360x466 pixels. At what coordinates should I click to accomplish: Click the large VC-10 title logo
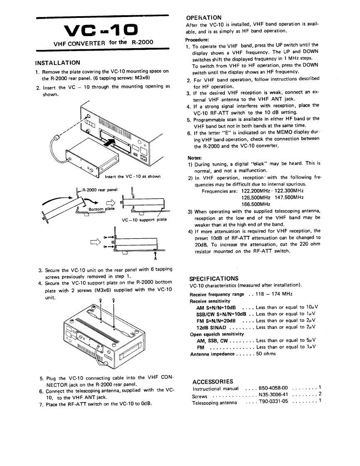102,31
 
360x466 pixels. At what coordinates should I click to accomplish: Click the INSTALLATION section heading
58,63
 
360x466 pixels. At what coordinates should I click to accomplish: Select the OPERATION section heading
203,17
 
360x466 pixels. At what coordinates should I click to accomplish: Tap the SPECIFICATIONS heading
214,278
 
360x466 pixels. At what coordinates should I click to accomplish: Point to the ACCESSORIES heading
213,381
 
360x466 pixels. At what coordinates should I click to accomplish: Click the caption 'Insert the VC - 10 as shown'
133,176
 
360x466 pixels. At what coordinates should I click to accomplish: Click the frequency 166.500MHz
256,204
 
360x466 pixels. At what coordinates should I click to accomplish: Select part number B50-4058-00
273,388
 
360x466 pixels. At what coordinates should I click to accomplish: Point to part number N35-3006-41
273,395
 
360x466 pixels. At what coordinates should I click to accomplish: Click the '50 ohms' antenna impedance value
266,354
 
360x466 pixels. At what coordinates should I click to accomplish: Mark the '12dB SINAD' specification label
211,327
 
